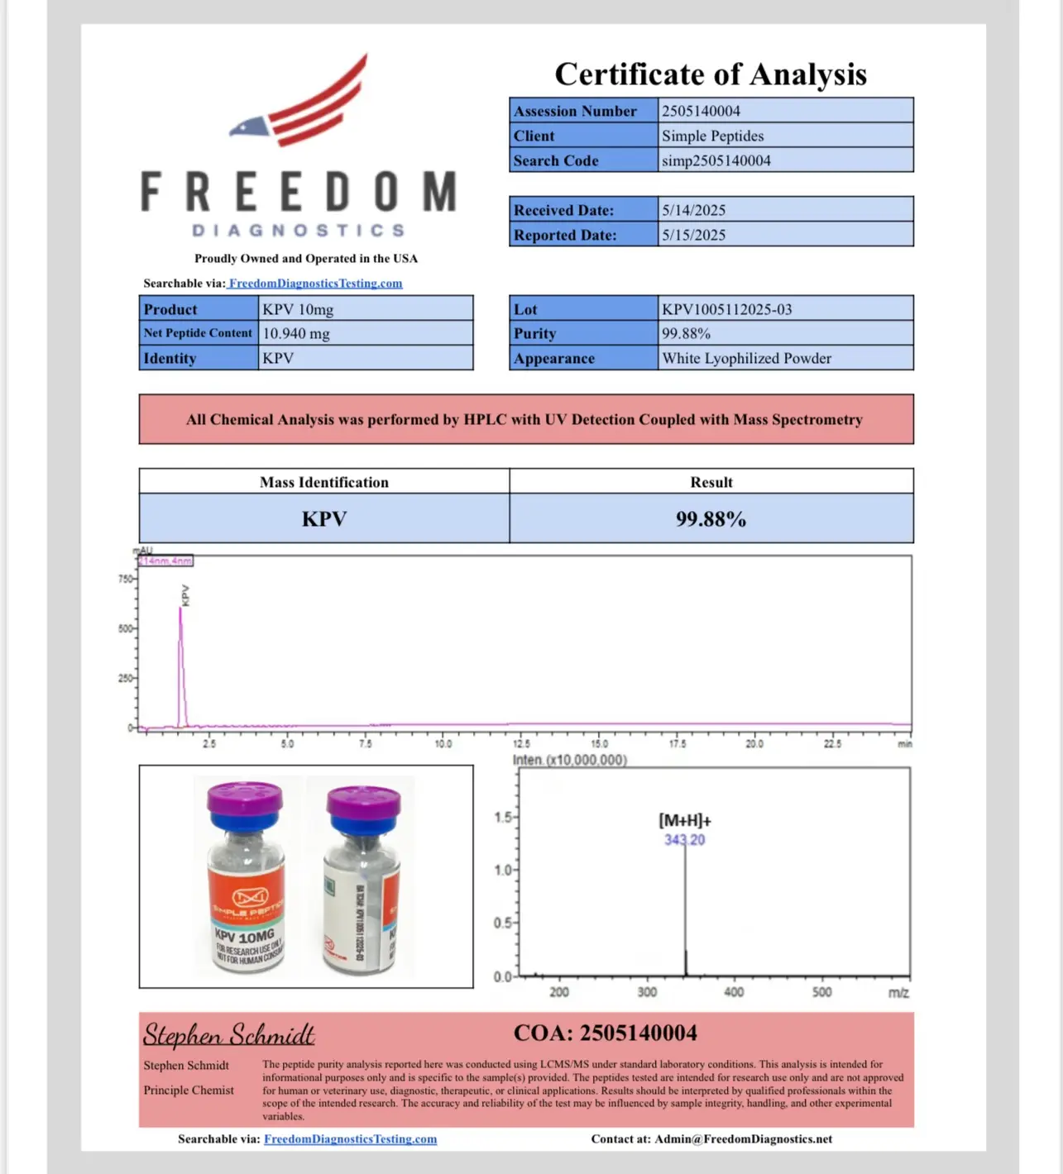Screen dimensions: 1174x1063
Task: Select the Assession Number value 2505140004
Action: (701, 111)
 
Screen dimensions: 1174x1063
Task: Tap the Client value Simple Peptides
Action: (712, 136)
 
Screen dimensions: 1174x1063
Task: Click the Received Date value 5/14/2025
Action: (693, 210)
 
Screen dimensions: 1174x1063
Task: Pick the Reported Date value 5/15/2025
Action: (693, 235)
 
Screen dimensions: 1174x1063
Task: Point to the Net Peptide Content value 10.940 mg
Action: (296, 333)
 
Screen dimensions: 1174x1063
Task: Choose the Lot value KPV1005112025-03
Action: (726, 309)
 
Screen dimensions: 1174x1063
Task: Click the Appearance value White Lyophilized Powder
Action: (746, 358)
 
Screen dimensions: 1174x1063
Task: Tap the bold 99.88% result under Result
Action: (711, 519)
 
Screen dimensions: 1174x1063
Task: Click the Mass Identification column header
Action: (323, 482)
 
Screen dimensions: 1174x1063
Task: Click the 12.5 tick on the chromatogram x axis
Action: (521, 744)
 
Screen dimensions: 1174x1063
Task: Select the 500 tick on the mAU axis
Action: (125, 628)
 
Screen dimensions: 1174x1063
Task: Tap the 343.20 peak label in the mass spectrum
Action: (684, 840)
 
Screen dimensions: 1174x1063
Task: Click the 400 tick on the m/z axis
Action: (734, 992)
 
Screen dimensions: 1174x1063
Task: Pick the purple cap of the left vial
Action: (244, 799)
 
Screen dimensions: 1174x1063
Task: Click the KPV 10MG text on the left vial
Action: (244, 937)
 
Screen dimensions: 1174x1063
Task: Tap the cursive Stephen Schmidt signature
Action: (228, 1034)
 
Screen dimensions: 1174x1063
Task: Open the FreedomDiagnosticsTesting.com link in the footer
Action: (350, 1139)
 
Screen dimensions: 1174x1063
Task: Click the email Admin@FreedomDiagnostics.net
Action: (743, 1139)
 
